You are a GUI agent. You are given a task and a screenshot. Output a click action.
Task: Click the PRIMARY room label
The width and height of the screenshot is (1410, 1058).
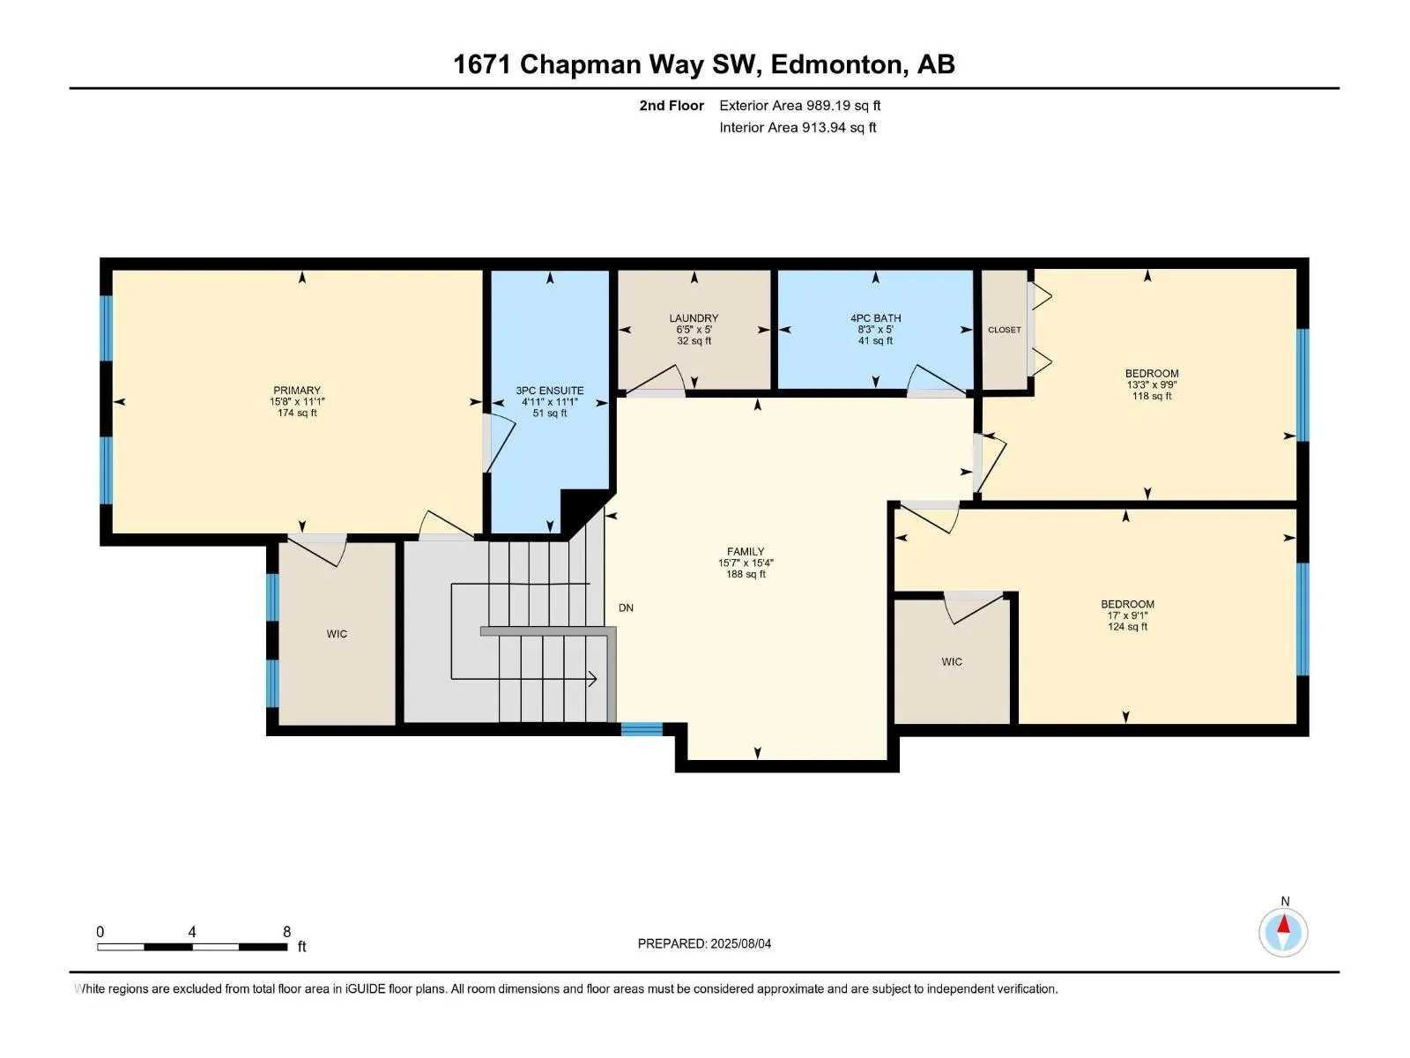coord(297,391)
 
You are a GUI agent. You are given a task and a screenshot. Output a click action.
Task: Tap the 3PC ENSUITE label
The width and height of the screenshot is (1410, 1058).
coord(549,391)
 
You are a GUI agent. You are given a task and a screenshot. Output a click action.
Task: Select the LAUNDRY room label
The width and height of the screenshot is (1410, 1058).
coord(694,318)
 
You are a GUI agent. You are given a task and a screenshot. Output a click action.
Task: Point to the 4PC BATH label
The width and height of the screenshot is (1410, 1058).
coord(876,318)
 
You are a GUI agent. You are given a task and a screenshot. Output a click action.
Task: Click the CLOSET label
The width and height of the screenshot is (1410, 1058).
coord(1004,330)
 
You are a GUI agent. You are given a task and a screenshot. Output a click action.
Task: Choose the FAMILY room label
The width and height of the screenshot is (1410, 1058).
coord(746,551)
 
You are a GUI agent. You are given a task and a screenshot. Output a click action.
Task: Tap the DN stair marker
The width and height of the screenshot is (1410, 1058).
coord(626,607)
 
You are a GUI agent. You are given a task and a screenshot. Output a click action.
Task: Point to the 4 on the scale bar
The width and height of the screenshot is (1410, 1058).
coord(191,931)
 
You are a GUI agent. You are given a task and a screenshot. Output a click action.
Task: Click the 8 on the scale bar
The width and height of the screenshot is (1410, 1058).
coord(286,931)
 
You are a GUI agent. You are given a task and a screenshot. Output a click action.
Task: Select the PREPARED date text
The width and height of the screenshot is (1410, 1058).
coord(704,943)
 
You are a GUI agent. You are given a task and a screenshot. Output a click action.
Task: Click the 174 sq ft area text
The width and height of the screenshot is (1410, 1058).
coord(297,413)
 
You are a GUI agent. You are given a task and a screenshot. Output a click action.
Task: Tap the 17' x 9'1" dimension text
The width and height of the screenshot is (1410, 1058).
coord(1127,615)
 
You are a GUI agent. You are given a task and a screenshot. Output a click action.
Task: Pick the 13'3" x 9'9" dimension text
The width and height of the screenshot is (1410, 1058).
coord(1152,384)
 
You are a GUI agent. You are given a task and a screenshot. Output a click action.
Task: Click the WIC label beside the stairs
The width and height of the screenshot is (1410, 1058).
coord(337,634)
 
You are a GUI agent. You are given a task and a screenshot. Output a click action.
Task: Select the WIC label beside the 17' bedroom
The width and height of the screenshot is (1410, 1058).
coord(952,661)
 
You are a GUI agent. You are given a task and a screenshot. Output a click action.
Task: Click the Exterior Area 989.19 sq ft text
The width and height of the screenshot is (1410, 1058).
coord(800,105)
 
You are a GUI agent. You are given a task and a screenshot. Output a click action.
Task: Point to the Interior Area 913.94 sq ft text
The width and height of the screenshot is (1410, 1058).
coord(798,127)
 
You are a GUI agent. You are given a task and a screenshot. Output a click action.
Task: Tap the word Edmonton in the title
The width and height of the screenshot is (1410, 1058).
coord(840,64)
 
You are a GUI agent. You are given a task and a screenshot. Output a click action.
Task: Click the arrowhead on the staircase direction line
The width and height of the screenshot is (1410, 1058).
coord(592,678)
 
